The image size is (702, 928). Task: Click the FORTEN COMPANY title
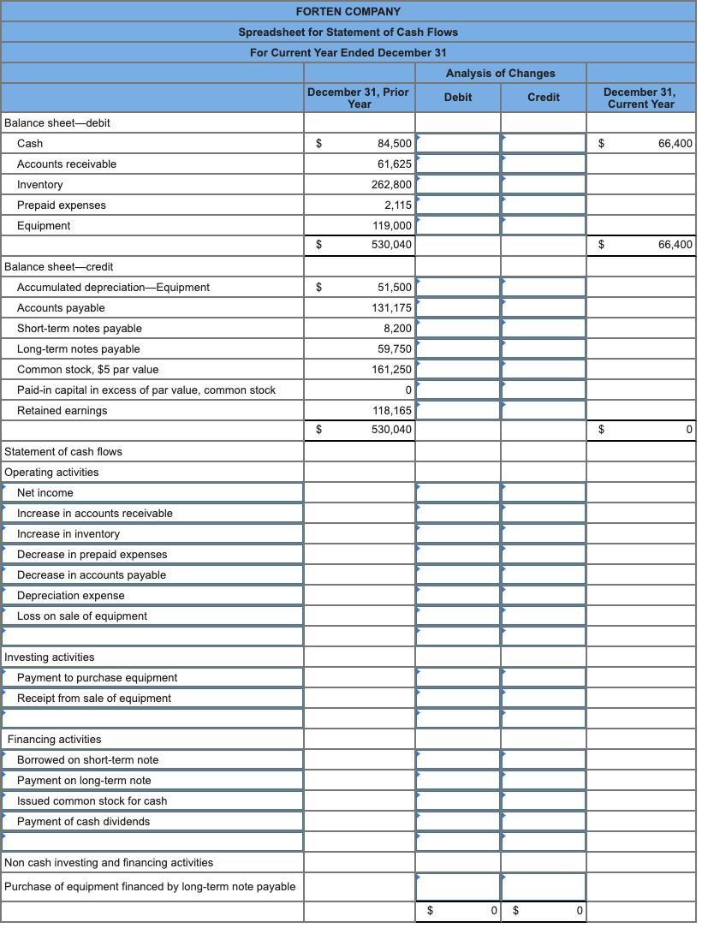coord(348,11)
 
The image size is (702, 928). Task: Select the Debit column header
coord(458,97)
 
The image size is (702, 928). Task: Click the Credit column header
coord(544,97)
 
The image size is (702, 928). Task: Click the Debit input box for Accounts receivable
coord(458,164)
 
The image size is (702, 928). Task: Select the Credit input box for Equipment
coord(544,225)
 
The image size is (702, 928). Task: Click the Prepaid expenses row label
coord(62,205)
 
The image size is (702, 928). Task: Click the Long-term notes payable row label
coord(79,348)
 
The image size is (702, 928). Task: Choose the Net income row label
coord(45,492)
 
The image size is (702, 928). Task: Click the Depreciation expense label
coord(71,595)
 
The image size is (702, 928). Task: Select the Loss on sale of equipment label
coord(82,616)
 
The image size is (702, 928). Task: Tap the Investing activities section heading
coord(50,657)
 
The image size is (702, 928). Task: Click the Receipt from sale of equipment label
coord(94,698)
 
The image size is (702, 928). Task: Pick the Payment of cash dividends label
coord(83,821)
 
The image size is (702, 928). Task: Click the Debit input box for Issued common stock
coord(458,800)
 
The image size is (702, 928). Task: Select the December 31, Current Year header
coord(640,97)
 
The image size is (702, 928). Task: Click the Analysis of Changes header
coord(500,73)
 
